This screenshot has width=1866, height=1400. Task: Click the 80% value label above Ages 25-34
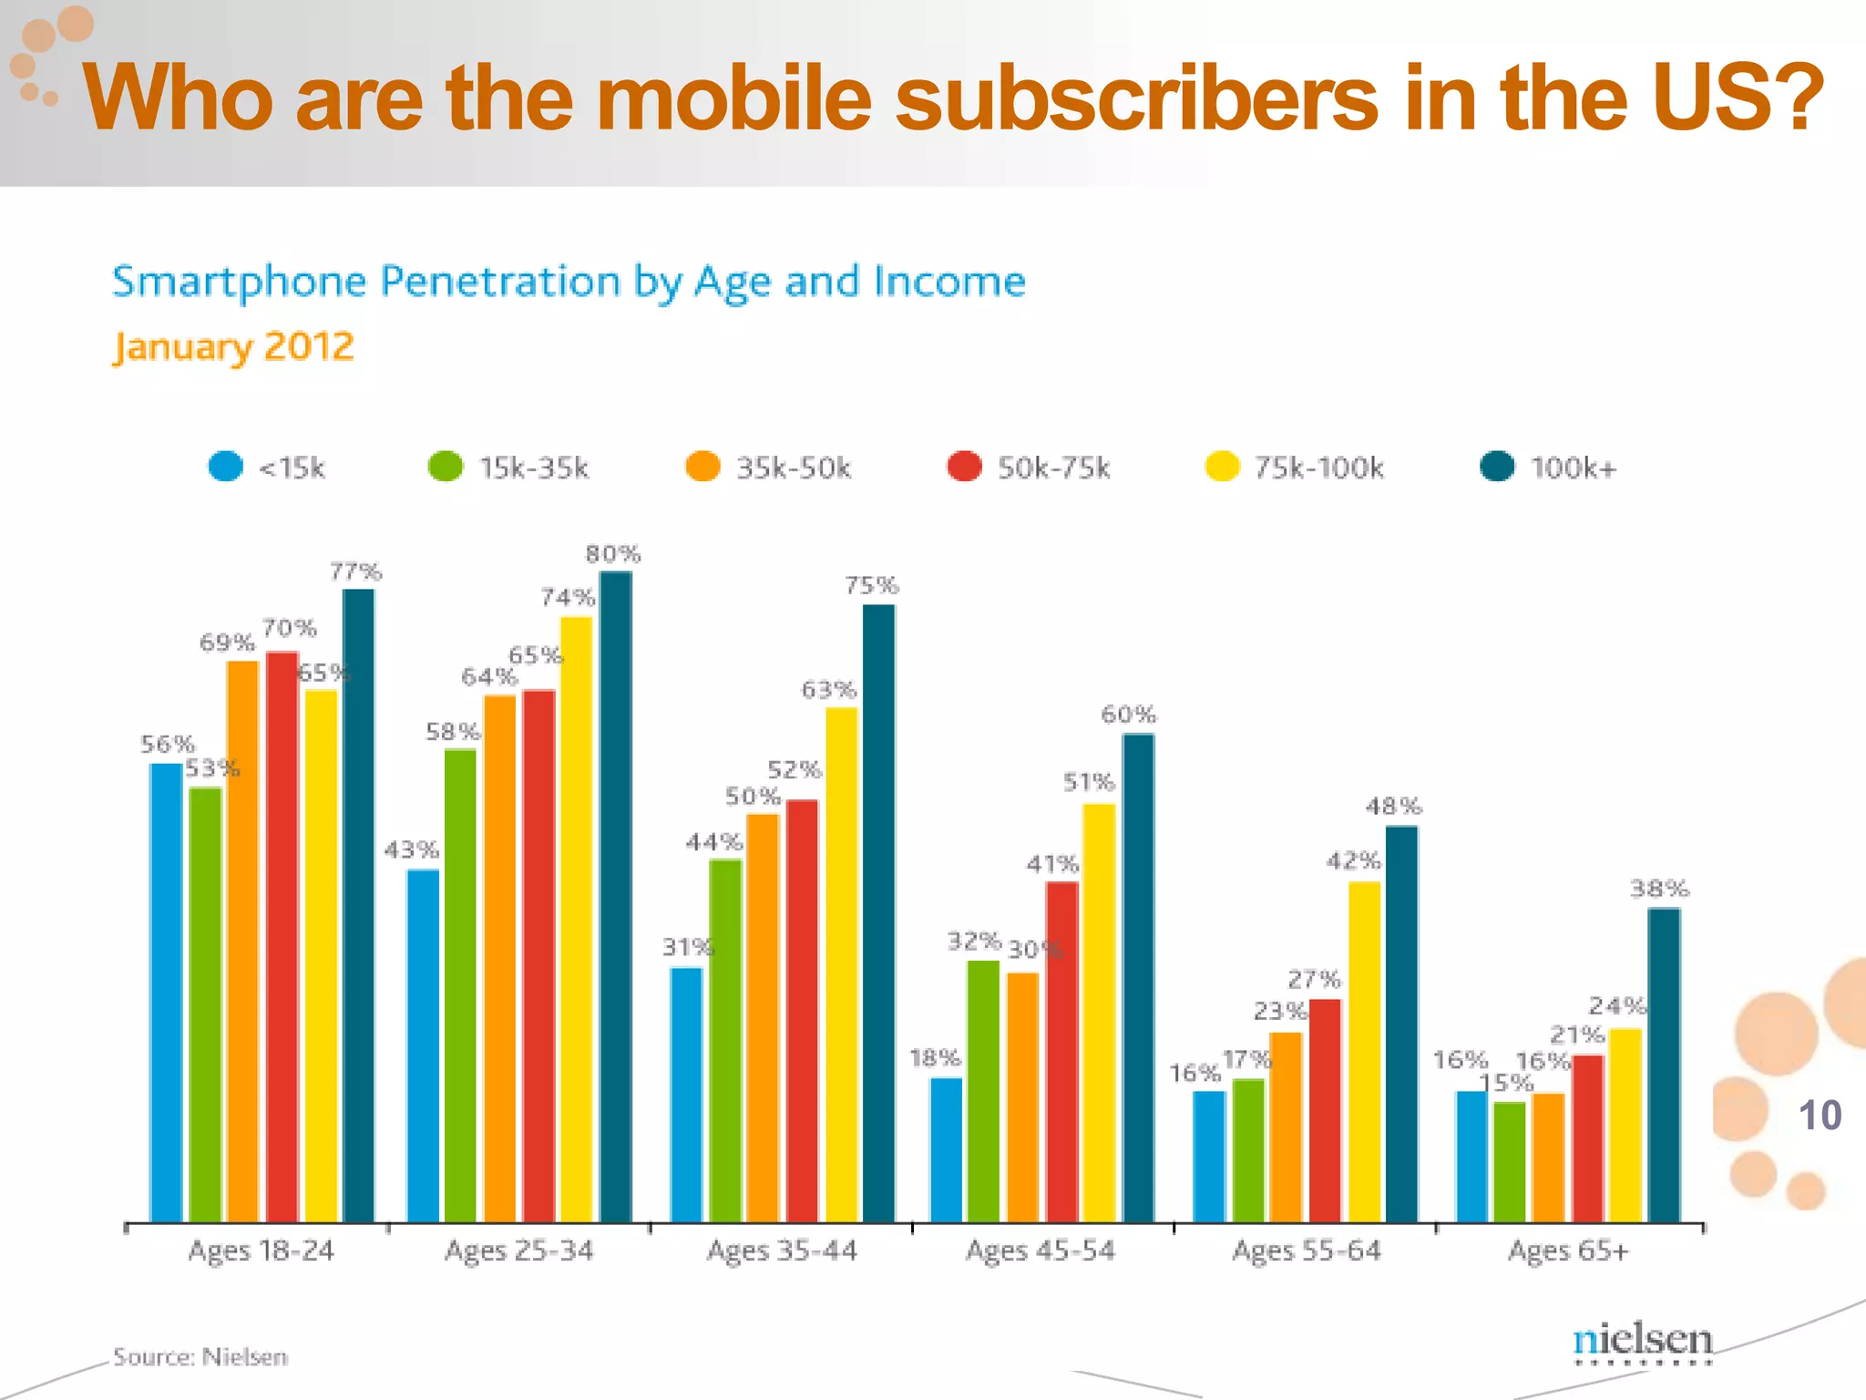(612, 553)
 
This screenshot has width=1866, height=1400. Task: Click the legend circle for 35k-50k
(702, 467)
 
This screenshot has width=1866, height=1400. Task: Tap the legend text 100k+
(1573, 468)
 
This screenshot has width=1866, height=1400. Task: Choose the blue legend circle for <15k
(225, 467)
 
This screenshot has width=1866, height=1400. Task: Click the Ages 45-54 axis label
(1040, 1251)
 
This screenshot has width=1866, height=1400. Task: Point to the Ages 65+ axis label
(1567, 1251)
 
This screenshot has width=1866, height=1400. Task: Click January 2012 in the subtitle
(233, 346)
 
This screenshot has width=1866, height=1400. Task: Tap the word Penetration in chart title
(499, 281)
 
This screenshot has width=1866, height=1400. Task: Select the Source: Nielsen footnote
(200, 1356)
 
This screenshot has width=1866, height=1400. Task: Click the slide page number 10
(1820, 1116)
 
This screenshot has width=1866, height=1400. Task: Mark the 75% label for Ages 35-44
(871, 585)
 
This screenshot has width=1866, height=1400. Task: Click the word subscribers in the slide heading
(1136, 98)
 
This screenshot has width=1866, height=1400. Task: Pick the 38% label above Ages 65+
(1659, 888)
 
